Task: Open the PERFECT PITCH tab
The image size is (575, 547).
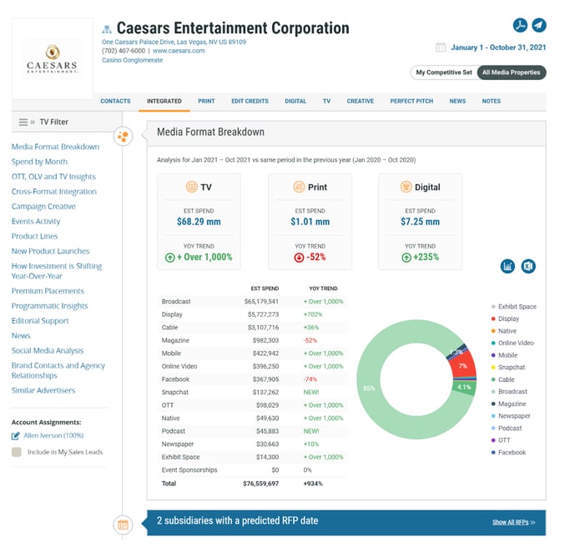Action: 411,101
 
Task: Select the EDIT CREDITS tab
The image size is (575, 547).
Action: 250,101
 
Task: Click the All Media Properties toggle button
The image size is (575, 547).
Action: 512,73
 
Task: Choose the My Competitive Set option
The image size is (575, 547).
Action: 443,73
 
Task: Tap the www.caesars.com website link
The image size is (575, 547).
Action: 179,51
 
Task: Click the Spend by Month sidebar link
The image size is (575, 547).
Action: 39,162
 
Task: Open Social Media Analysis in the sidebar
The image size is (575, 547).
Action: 48,351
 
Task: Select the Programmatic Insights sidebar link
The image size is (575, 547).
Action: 50,306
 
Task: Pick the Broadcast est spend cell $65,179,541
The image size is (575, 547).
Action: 261,301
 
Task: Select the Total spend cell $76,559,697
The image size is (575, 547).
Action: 261,483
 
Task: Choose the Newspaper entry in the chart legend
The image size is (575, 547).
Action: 512,416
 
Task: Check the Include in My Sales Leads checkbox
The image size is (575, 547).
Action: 17,452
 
